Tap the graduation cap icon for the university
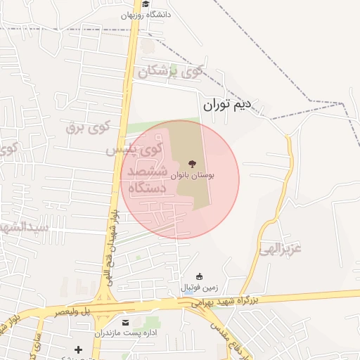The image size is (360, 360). point(145,4)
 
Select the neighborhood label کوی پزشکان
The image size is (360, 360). point(171,70)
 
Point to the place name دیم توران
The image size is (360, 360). point(227,106)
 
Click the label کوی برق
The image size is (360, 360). point(88,127)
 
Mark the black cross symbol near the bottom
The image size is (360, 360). point(78,349)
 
